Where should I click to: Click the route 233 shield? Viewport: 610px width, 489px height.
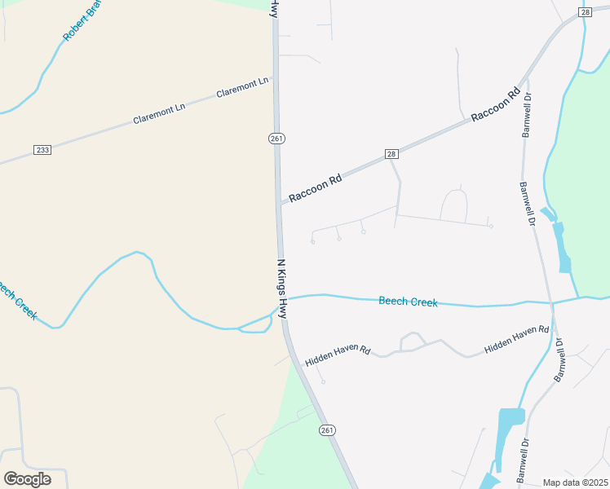43,150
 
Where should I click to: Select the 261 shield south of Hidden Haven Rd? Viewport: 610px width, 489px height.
327,430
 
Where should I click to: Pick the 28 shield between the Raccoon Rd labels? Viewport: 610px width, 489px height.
391,154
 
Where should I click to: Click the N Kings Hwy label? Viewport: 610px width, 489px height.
282,289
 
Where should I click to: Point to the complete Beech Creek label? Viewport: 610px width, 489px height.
408,302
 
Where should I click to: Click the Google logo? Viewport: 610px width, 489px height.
28,479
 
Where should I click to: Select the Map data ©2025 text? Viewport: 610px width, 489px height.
575,482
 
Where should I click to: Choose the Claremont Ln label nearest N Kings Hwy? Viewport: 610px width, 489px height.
242,88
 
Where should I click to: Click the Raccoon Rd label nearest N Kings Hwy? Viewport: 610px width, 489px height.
315,187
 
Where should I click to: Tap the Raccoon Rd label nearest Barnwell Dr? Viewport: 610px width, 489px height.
495,106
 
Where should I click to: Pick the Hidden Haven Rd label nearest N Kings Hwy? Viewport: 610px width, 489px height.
338,355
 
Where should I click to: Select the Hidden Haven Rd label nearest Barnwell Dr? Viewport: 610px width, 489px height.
517,340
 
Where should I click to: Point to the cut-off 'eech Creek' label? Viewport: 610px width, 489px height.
18,301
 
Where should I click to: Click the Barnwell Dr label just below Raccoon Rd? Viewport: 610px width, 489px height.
527,115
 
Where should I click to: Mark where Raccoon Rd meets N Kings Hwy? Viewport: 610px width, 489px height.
281,203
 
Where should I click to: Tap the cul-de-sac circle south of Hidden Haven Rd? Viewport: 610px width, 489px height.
323,382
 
